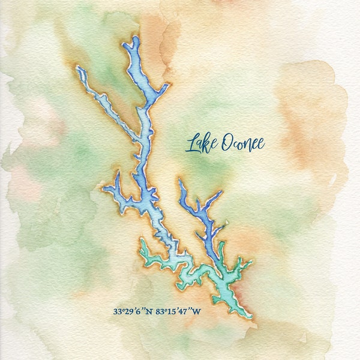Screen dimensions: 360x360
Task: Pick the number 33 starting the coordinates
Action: coord(117,311)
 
